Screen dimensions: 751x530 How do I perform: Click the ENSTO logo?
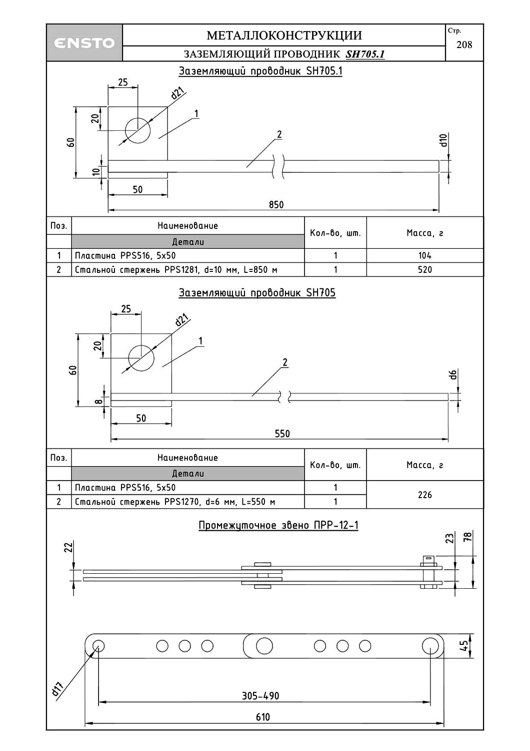pos(84,43)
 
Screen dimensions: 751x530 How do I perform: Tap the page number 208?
pos(464,45)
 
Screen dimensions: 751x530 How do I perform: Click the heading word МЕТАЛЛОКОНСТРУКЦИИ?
pos(284,36)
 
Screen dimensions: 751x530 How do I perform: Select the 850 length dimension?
pos(276,204)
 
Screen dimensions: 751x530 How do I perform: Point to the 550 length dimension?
pos(282,434)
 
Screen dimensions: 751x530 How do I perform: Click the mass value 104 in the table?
pos(424,255)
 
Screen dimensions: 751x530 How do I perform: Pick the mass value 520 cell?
pos(424,269)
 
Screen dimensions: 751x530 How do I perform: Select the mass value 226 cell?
pos(424,495)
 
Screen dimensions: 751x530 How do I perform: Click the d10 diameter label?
pos(443,141)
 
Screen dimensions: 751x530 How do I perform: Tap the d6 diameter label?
pos(452,374)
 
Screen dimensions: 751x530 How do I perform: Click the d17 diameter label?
pos(57,689)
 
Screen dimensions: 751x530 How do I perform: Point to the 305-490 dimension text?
pos(260,696)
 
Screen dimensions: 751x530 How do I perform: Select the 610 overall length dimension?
pos(263,717)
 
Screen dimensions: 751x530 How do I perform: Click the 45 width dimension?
pos(464,646)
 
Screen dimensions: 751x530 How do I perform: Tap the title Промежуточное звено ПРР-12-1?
pos(278,525)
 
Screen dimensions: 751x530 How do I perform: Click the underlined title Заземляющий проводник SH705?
pos(257,293)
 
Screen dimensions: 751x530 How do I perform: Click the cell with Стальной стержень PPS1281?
pos(176,269)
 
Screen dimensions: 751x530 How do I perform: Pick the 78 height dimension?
pos(468,538)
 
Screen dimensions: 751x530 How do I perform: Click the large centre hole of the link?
pos(264,646)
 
